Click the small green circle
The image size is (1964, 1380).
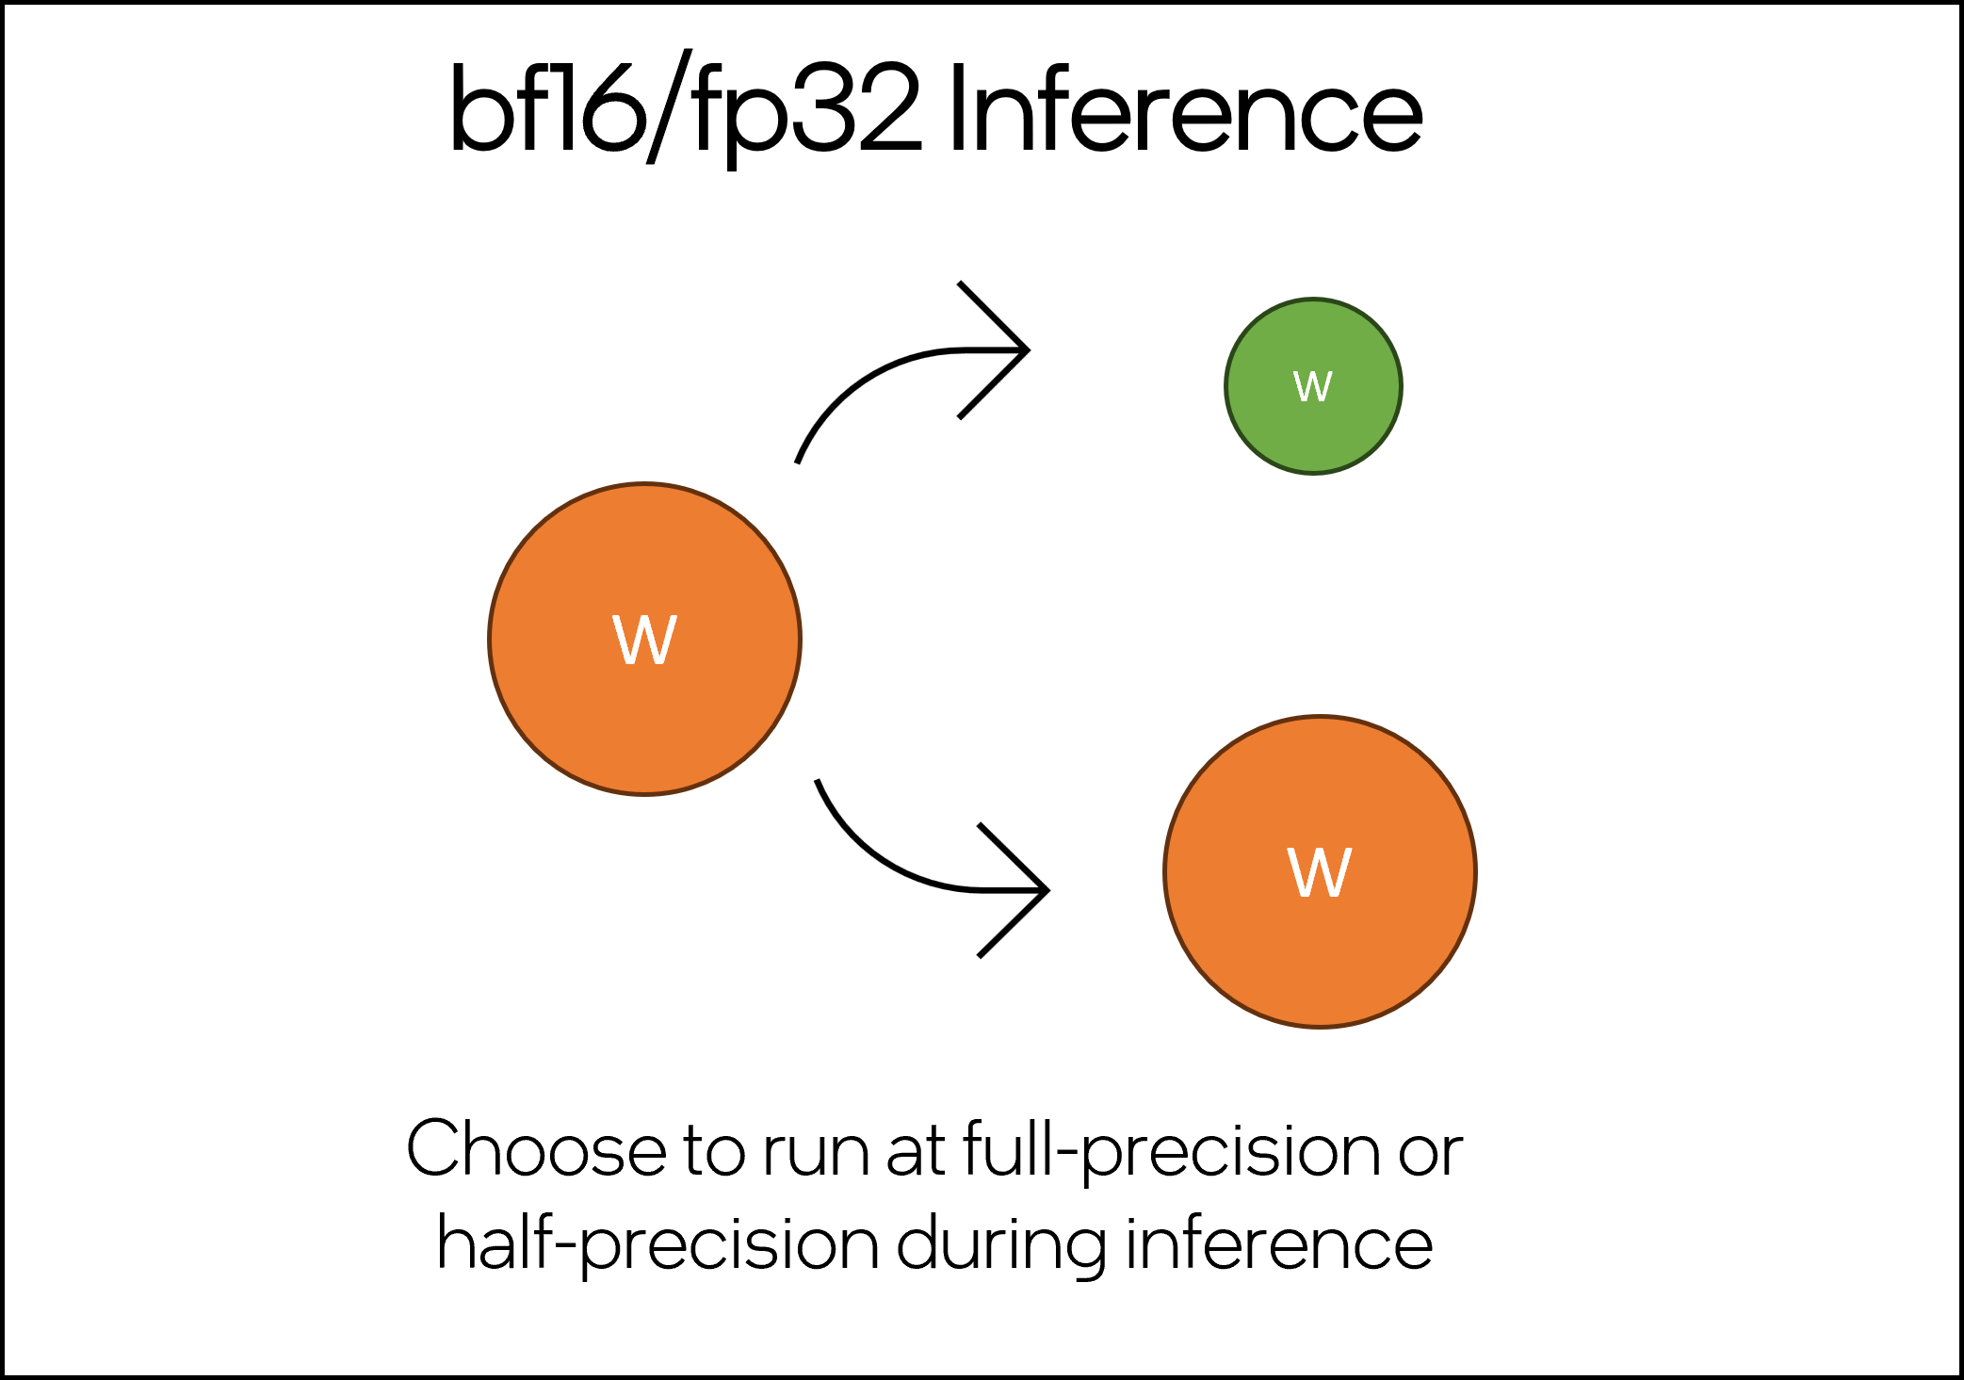[1313, 386]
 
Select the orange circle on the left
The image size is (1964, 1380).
[645, 640]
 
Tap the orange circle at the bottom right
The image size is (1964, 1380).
[1320, 871]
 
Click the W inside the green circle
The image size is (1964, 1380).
[1313, 386]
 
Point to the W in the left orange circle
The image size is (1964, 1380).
[645, 641]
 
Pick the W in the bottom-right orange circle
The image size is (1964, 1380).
[1320, 872]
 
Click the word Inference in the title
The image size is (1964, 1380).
[1186, 109]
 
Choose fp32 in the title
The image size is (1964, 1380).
[806, 113]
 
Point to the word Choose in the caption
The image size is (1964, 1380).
[537, 1148]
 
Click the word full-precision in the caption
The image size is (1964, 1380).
[1172, 1151]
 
